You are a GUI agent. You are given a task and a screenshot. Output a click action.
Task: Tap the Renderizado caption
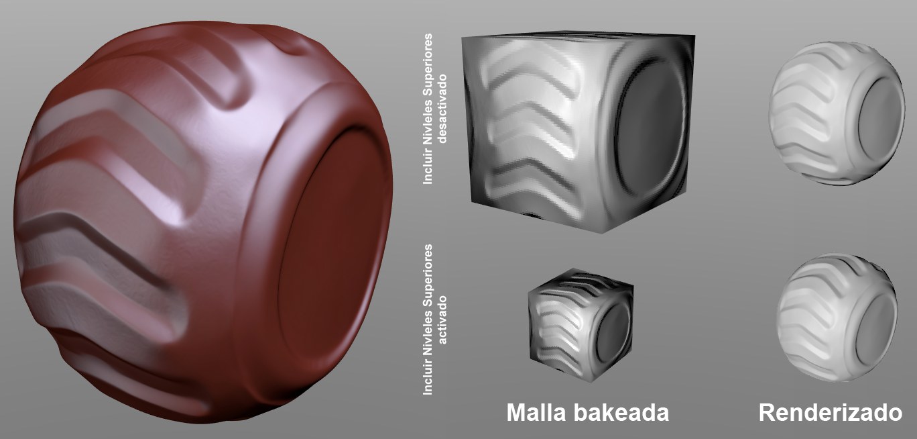(831, 413)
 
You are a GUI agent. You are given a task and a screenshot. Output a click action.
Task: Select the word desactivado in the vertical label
(442, 109)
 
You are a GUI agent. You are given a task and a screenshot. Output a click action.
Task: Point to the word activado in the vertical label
(442, 320)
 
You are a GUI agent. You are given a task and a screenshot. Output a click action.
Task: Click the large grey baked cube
(578, 131)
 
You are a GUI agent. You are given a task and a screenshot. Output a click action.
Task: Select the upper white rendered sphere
(837, 113)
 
